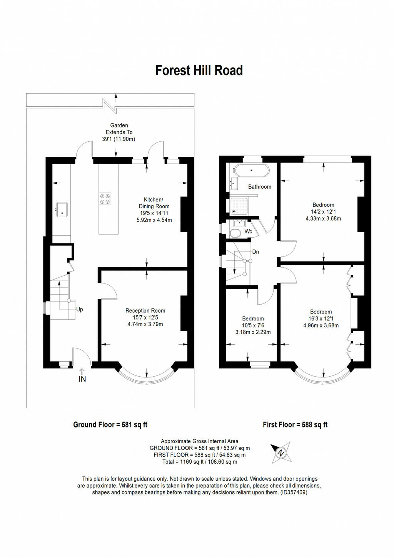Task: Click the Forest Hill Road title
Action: click(x=199, y=70)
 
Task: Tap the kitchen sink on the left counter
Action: click(x=62, y=209)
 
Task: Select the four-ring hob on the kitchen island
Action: click(x=105, y=198)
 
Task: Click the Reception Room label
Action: click(x=145, y=311)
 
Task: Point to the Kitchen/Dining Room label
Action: click(x=154, y=203)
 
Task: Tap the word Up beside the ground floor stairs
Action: click(x=80, y=309)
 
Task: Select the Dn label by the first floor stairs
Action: click(x=255, y=252)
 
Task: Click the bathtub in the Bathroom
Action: click(x=252, y=170)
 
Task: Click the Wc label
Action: click(x=248, y=231)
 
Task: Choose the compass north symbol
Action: click(x=281, y=452)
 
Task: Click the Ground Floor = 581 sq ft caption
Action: click(x=110, y=425)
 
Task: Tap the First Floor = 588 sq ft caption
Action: click(x=295, y=425)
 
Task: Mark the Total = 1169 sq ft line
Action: click(x=200, y=462)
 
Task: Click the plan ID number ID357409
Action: click(x=294, y=492)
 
